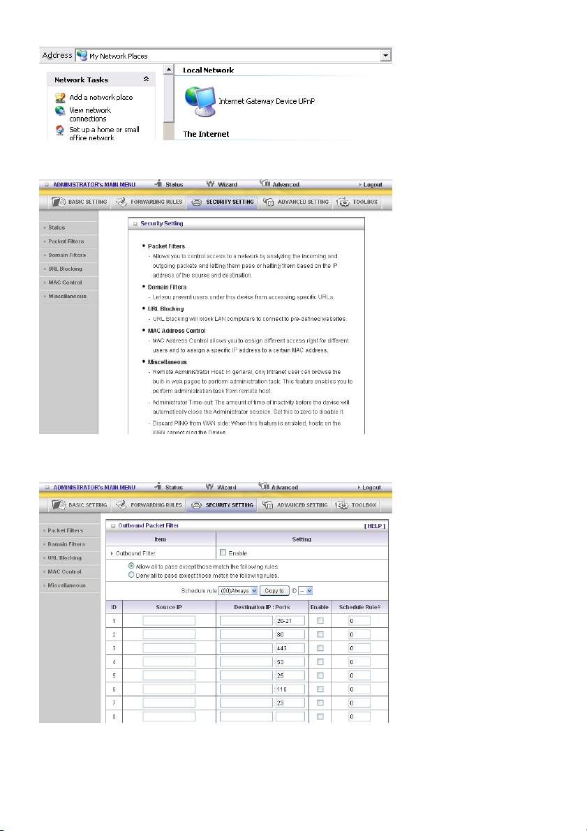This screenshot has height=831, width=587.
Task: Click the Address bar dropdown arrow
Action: coord(385,56)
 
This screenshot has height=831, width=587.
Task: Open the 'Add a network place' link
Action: coord(101,98)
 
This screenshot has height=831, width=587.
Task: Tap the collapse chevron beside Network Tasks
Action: coord(146,80)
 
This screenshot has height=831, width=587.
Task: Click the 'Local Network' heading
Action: coord(208,70)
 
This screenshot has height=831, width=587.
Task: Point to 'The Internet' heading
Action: coord(206,133)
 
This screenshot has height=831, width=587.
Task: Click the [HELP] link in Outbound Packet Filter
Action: coord(375,525)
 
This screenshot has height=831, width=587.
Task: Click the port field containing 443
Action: coord(290,647)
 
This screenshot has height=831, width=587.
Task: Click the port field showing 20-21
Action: coord(290,620)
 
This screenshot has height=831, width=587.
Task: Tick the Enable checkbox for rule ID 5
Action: coord(320,675)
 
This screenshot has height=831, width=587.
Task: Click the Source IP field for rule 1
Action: coord(169,620)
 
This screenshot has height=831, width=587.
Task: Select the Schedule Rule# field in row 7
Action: coord(359,703)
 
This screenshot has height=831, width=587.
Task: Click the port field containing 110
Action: coord(290,689)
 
